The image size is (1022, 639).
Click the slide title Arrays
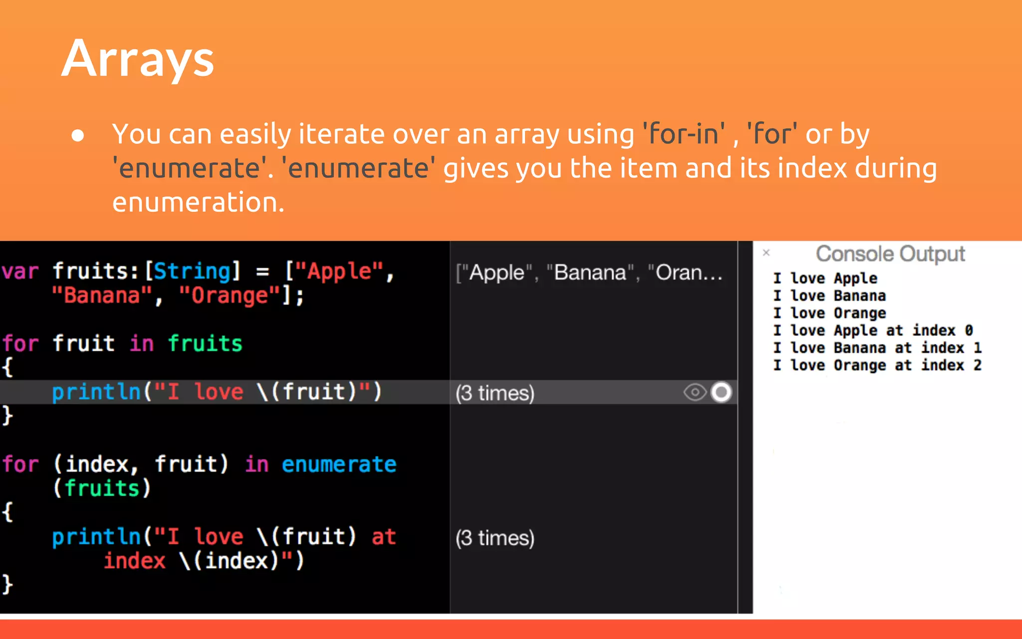pyautogui.click(x=138, y=59)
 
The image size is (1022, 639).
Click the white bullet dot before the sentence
pyautogui.click(x=78, y=135)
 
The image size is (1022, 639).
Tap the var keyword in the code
pyautogui.click(x=20, y=272)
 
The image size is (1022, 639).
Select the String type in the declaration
pyautogui.click(x=192, y=272)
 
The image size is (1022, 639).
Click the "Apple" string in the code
pyautogui.click(x=339, y=272)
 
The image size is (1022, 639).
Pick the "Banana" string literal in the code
pyautogui.click(x=102, y=296)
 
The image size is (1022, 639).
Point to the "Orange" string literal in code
pyautogui.click(x=230, y=296)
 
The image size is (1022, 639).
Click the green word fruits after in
pyautogui.click(x=205, y=343)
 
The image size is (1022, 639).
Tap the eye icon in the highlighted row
pyautogui.click(x=695, y=392)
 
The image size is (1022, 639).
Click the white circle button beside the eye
pyautogui.click(x=721, y=392)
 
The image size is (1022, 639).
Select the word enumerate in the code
pyautogui.click(x=339, y=464)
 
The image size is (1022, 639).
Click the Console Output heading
pyautogui.click(x=890, y=254)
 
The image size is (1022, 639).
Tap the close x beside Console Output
pyautogui.click(x=766, y=253)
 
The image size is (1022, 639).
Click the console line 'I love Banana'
pyautogui.click(x=829, y=296)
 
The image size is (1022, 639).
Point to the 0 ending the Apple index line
pyautogui.click(x=969, y=330)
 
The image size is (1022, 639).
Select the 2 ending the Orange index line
pyautogui.click(x=977, y=365)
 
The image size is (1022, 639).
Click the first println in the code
pyautogui.click(x=96, y=392)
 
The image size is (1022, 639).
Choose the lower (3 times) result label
pyautogui.click(x=495, y=538)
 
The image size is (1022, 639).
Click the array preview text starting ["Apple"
pyautogui.click(x=589, y=273)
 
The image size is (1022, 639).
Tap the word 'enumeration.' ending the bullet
pyautogui.click(x=198, y=202)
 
